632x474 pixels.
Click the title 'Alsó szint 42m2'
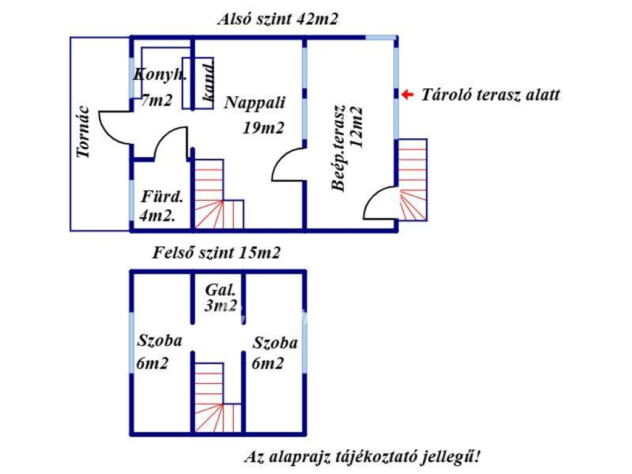[278, 19]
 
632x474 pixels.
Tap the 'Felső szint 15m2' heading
[216, 252]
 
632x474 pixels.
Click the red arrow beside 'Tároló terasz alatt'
[407, 94]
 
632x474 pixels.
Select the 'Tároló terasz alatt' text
[491, 94]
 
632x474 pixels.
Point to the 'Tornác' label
[83, 132]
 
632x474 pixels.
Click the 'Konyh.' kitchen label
[160, 75]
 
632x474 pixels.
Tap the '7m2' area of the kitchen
[156, 100]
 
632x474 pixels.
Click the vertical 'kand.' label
[208, 82]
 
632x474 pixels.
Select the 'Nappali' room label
[255, 102]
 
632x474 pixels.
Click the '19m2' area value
[263, 128]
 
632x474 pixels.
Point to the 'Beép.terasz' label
[339, 148]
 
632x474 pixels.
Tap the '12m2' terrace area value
[356, 127]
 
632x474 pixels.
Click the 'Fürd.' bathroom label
[162, 197]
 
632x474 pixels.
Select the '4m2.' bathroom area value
[157, 215]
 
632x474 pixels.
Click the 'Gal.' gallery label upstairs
[220, 290]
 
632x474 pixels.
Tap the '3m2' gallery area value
[221, 306]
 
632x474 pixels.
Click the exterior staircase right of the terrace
[412, 180]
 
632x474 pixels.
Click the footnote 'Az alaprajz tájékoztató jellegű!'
[362, 457]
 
